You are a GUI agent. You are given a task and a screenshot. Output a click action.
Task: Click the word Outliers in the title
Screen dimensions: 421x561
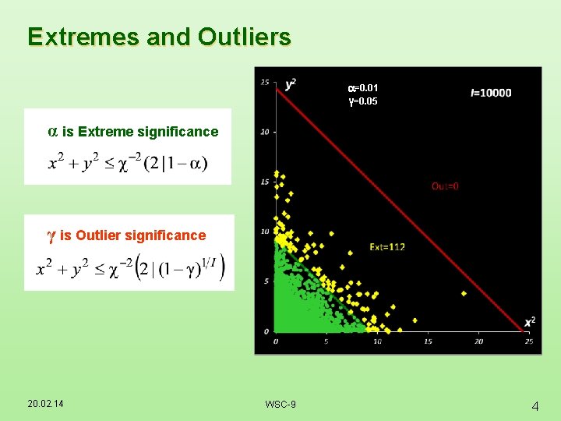tap(245, 37)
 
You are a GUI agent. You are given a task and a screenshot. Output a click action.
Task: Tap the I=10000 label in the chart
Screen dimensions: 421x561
tap(491, 93)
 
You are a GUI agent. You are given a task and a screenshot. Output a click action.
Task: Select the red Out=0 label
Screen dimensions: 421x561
tap(445, 186)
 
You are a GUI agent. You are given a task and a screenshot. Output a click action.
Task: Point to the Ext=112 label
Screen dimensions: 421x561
tap(387, 247)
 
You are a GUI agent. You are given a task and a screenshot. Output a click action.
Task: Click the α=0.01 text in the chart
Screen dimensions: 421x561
tap(362, 88)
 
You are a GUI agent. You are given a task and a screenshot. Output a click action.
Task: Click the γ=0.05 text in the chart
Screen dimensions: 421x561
tap(362, 101)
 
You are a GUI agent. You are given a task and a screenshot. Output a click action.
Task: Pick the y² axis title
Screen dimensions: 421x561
tap(290, 83)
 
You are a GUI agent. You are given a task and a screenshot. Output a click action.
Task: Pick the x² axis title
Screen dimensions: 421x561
tap(529, 322)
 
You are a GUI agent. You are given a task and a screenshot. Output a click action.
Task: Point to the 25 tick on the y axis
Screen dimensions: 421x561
tap(266, 82)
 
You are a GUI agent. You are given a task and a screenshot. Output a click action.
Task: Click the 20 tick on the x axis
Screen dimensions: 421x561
tap(478, 341)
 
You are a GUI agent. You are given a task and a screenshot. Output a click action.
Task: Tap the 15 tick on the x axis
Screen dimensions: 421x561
tap(428, 341)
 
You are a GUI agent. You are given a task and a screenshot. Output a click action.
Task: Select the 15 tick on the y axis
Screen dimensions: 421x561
tap(266, 182)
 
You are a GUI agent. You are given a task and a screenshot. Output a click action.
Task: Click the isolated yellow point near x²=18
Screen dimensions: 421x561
tap(464, 293)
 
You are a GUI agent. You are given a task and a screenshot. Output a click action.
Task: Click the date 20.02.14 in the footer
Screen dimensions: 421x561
tap(46, 403)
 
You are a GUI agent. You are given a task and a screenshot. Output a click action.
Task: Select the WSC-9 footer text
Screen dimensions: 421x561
tap(280, 404)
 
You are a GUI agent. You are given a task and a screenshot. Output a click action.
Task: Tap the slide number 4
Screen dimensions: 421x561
tap(535, 405)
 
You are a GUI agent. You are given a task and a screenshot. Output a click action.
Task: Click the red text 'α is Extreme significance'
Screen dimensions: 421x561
tap(133, 132)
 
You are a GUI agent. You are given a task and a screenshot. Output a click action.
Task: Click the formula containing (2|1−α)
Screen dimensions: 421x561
tap(128, 163)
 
